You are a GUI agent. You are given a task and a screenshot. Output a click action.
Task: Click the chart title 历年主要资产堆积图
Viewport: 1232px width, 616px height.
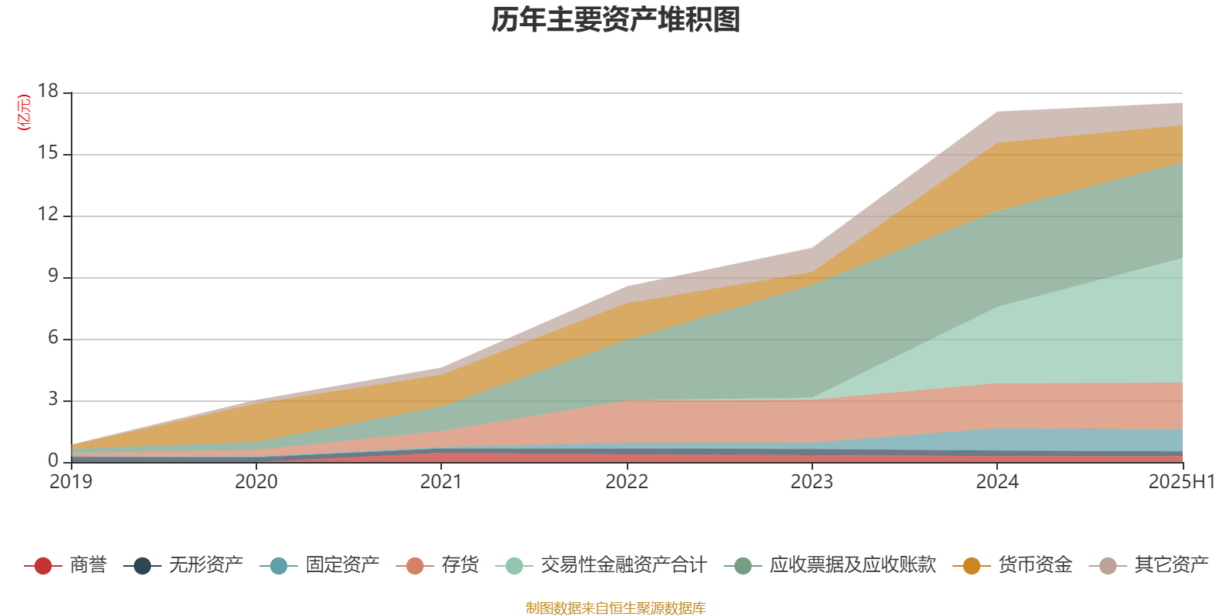[x=616, y=20]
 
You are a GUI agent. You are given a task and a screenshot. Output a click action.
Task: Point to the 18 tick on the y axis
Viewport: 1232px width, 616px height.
[x=49, y=92]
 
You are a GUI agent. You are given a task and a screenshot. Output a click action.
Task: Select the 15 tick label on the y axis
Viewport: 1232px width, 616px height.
[x=49, y=153]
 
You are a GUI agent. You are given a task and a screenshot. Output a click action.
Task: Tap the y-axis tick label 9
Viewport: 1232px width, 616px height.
[x=53, y=276]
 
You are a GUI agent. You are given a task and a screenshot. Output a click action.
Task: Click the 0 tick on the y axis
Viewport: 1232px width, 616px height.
[x=53, y=460]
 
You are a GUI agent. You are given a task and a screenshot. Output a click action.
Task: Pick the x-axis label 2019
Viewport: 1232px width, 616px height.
[x=71, y=482]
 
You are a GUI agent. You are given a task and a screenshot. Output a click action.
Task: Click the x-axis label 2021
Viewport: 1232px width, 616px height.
[x=441, y=482]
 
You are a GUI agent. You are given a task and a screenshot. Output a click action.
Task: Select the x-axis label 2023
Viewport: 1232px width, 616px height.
[x=812, y=482]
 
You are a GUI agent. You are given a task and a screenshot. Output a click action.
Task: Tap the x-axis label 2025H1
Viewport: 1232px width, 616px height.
[x=1180, y=482]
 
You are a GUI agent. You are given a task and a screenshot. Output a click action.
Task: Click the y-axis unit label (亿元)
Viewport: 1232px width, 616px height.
[x=24, y=112]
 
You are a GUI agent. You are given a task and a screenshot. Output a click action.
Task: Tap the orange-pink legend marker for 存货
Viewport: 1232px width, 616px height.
[x=415, y=566]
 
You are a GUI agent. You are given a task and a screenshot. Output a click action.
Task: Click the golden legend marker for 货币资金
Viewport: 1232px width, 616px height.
[x=971, y=566]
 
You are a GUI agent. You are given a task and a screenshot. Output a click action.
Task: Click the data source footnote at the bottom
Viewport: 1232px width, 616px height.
[x=616, y=608]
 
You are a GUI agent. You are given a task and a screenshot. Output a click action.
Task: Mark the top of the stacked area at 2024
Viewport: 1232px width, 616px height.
[x=997, y=112]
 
